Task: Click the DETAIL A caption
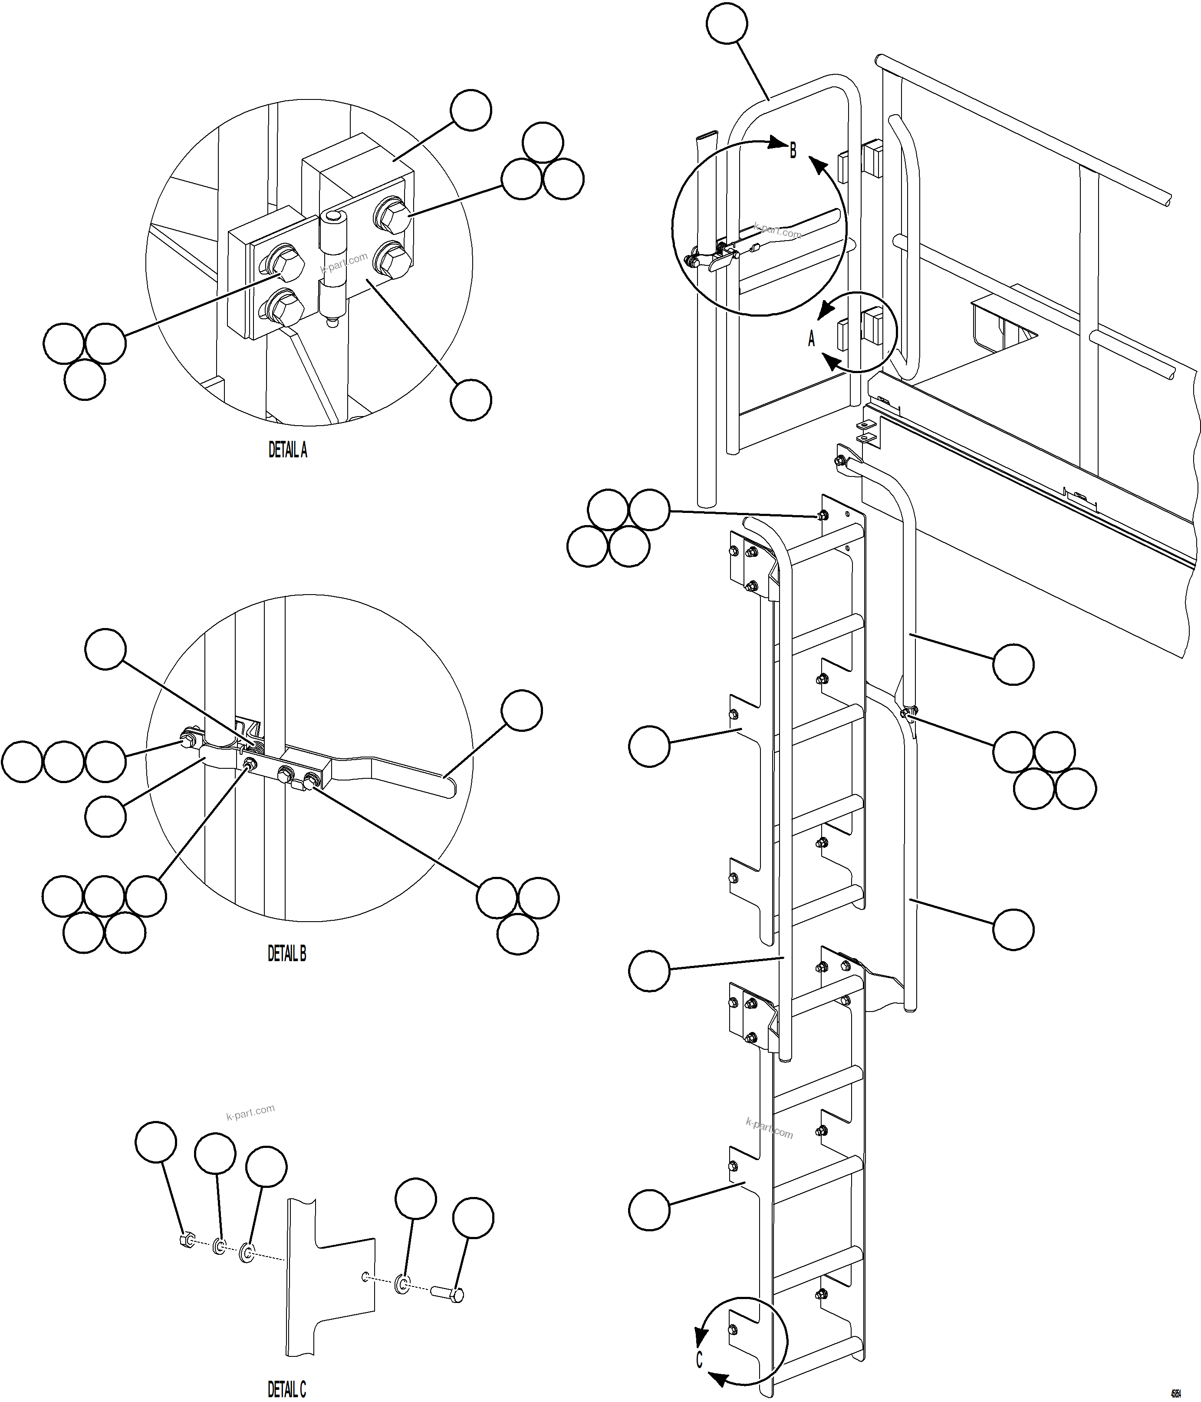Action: pos(287,450)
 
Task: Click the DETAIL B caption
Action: pos(287,954)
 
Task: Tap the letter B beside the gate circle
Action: pos(793,150)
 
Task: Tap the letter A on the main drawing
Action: pos(812,338)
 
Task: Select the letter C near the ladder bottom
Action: pos(699,1359)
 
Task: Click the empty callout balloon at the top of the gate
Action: pos(727,24)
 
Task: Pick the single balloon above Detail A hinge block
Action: pos(471,109)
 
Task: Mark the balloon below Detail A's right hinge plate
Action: pos(471,400)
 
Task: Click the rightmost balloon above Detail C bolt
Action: pos(473,1218)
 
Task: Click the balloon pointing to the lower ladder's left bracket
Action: pos(649,1210)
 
